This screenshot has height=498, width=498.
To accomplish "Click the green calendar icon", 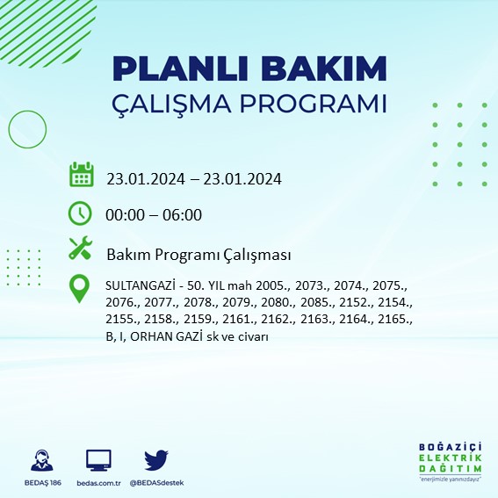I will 81,174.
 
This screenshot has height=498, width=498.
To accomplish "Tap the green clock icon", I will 81,213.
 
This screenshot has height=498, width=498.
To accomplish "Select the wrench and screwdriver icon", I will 81,249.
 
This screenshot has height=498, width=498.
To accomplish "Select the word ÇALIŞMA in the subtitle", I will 175,103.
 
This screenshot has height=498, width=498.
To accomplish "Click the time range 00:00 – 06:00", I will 154,215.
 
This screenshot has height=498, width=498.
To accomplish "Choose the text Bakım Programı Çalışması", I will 198,255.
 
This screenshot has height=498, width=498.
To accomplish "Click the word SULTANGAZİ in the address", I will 141,287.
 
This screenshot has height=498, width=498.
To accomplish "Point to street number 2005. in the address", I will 293,287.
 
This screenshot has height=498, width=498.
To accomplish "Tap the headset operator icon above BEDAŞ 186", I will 40,461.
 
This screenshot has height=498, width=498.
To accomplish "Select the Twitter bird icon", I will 155,460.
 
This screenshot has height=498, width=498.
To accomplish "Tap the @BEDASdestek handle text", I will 156,483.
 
